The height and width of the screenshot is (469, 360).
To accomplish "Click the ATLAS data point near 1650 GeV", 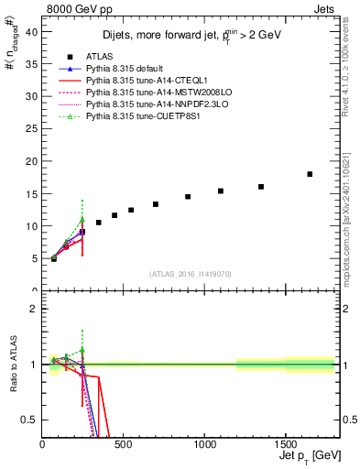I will [x=310, y=174].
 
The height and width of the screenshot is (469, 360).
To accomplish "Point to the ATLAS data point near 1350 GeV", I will [x=261, y=187].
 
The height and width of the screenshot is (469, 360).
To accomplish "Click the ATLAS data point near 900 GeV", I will [x=188, y=196].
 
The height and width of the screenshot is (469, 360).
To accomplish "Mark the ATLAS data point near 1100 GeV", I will [x=221, y=191].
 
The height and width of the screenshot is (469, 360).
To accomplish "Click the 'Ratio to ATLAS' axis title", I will [x=12, y=365].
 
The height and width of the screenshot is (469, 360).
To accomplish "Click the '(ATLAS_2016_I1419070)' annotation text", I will [x=191, y=274].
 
